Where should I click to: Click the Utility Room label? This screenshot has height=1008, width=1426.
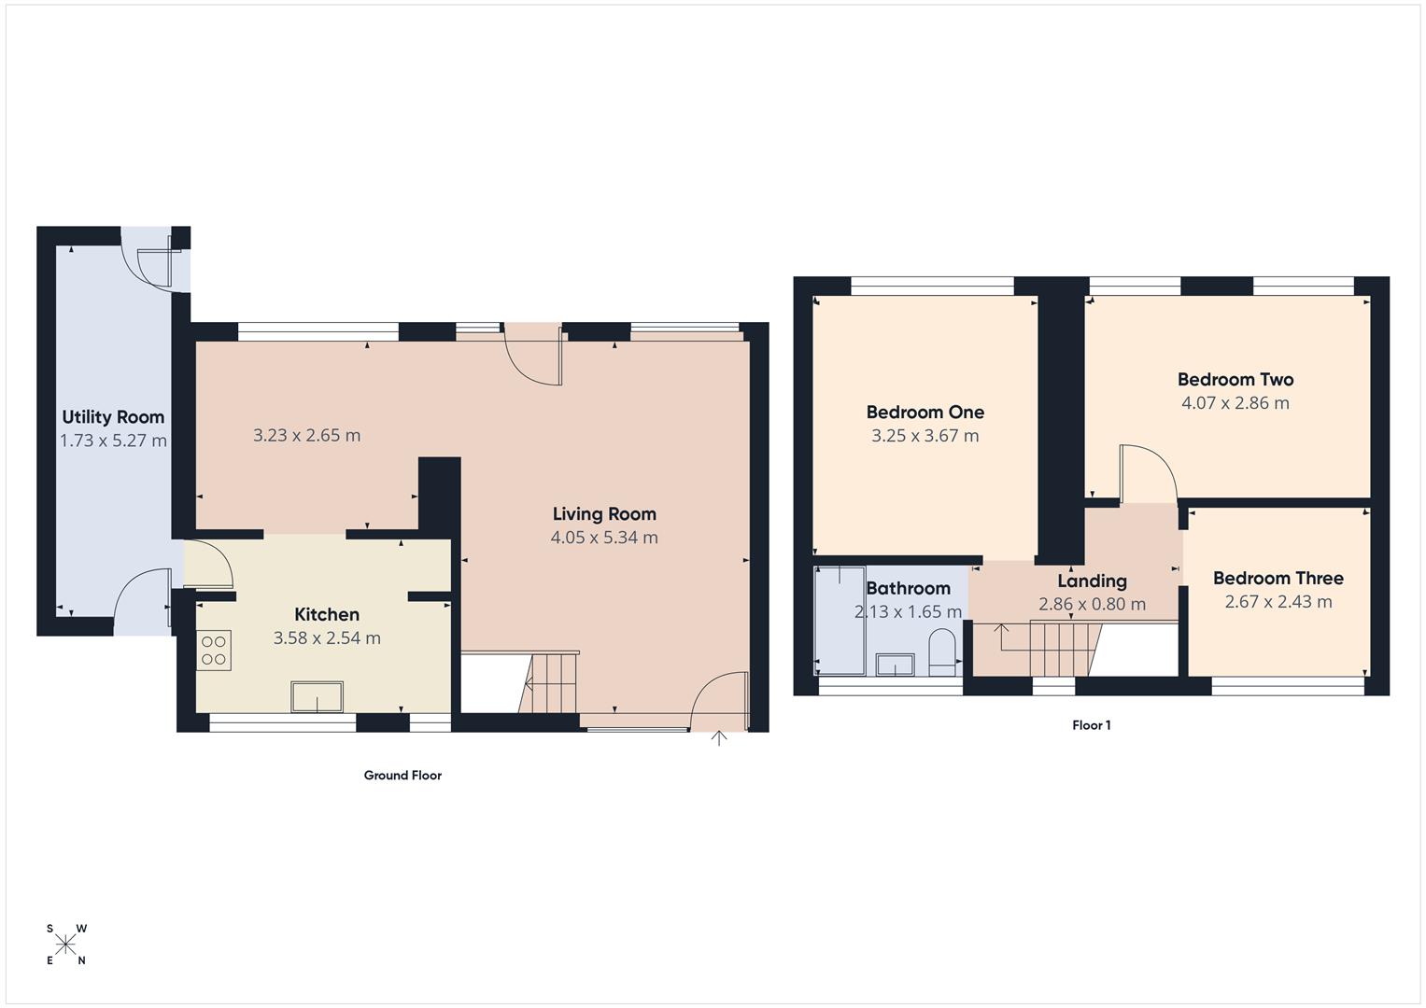point(113,417)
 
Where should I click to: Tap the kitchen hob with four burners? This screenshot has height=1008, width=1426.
point(214,650)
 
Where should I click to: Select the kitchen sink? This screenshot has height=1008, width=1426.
point(318,697)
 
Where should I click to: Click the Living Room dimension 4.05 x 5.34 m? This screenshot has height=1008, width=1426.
point(604,538)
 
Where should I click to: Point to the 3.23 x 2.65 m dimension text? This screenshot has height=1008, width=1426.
point(306,435)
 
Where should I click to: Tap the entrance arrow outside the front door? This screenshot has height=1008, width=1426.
point(719,738)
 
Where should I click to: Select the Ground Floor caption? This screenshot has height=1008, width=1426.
point(402,775)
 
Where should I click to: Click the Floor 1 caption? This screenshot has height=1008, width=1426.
point(1091,725)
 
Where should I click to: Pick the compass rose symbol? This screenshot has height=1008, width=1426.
point(65,945)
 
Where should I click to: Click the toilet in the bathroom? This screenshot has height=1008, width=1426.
point(943,652)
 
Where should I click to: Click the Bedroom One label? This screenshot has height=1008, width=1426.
point(925,413)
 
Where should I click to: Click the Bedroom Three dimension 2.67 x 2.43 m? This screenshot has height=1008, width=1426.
point(1278,602)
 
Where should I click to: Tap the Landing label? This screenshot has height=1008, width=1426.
point(1092,581)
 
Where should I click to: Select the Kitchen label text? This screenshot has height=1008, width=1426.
point(327,614)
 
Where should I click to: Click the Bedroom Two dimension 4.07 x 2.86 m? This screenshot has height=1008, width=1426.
point(1235,403)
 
